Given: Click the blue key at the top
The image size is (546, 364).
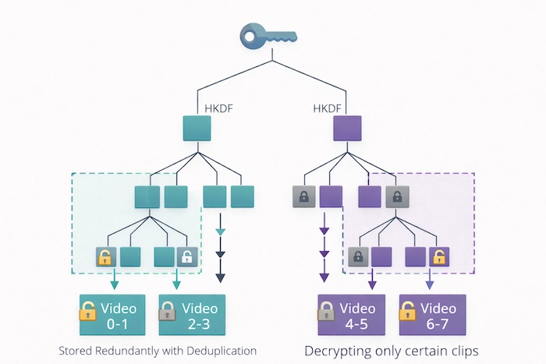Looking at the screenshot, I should click(x=268, y=35).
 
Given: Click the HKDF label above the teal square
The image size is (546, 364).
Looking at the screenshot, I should click(x=217, y=109).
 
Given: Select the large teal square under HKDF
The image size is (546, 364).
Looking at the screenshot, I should click(x=197, y=128).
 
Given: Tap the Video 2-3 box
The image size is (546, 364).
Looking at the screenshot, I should click(x=192, y=315).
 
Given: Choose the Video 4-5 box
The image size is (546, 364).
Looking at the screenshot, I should click(x=351, y=315).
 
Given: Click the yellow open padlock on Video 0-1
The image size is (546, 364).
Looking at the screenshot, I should click(x=88, y=313).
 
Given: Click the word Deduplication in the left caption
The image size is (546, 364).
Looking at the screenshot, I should click(x=220, y=350).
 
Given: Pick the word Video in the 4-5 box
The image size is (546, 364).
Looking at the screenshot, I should click(x=359, y=307).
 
